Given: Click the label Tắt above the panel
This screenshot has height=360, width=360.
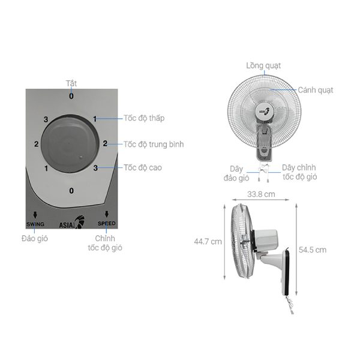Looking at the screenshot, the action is coord(71,83).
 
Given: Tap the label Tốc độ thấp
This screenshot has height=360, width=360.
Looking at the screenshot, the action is coord(144,118).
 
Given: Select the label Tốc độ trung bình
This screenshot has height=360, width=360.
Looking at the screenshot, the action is coord(154,144).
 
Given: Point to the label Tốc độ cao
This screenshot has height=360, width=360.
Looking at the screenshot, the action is coord(143,167).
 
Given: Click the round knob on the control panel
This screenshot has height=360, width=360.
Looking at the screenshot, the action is coord(70,144).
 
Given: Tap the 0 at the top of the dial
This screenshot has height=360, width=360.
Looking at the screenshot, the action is coord(71,96).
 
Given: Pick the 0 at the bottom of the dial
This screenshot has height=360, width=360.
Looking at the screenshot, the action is coord(71,191).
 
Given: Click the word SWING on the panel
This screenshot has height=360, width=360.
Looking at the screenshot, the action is coord(35,224).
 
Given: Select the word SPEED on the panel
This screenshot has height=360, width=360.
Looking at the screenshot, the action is coord(107,223).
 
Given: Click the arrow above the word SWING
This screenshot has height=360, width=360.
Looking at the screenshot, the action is coord(35,215).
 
